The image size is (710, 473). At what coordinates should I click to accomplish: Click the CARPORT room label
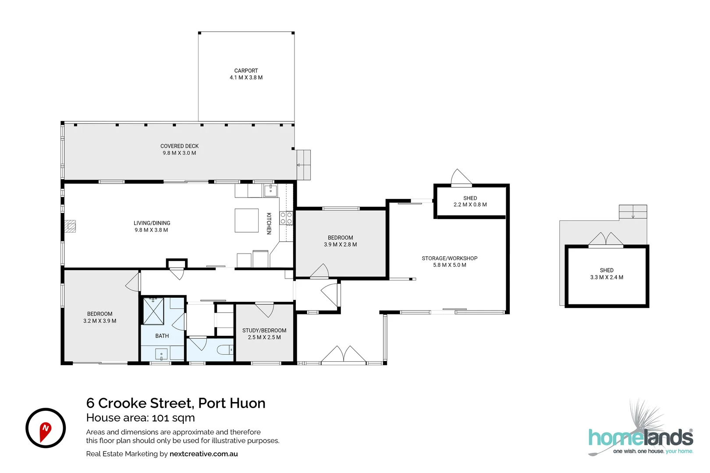(246, 71)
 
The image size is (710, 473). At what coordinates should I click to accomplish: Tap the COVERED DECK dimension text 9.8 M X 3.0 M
(179, 153)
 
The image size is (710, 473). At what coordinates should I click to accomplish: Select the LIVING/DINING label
(152, 223)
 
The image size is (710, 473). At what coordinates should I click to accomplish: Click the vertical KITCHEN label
(269, 223)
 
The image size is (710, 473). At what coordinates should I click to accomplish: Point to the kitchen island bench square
(246, 220)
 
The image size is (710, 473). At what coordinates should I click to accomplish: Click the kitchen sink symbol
(270, 191)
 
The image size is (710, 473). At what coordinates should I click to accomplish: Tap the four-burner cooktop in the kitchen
(286, 218)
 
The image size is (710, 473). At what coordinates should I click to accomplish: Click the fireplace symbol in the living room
(70, 226)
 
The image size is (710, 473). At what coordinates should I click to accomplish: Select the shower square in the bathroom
(153, 311)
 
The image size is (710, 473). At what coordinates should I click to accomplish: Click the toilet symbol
(224, 350)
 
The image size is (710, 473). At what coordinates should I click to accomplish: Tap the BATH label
(162, 336)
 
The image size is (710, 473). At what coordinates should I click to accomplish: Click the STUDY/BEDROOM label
(264, 330)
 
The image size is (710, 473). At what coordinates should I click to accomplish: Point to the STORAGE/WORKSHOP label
(449, 258)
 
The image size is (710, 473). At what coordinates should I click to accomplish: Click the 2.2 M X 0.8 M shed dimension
(470, 205)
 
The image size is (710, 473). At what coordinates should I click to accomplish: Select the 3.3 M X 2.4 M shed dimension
(607, 277)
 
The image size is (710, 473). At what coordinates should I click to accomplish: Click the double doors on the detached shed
(606, 240)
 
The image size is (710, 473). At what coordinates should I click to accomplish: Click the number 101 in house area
(161, 418)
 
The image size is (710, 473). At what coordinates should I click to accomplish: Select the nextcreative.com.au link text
(203, 454)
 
